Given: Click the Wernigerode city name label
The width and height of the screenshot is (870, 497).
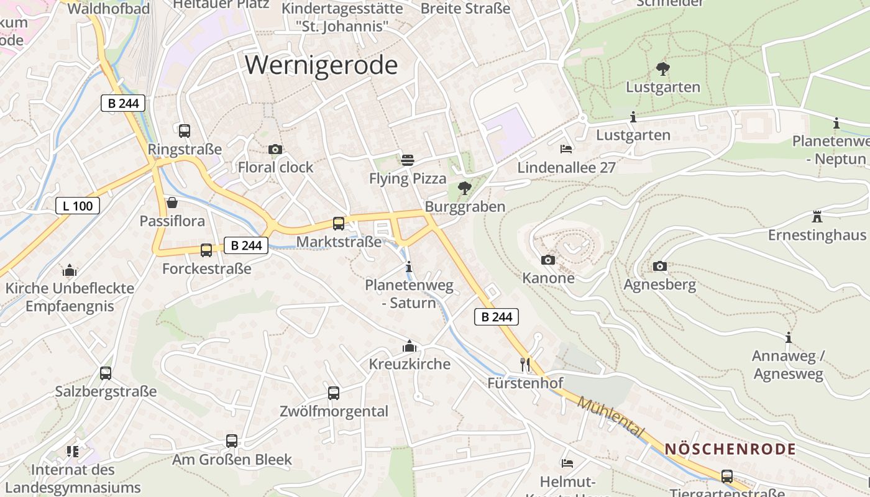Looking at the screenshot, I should tap(321, 65).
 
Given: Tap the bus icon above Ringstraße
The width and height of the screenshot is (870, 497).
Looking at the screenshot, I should tap(185, 131).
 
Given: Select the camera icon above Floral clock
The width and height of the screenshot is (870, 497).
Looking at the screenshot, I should tap(275, 149).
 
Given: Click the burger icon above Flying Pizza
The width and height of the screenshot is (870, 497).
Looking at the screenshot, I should tap(408, 160).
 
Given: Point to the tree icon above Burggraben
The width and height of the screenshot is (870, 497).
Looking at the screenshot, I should tap(464, 188).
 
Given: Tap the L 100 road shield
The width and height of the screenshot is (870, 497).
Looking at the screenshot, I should tap(78, 206).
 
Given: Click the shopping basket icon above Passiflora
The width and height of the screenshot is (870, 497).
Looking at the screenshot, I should tap(172, 203).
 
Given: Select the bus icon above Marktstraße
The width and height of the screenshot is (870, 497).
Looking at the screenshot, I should tap(339, 224).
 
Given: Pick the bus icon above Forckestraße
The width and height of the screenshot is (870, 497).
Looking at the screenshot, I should tap(206, 250).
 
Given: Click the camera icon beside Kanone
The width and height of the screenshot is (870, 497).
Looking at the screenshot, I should tap(548, 260).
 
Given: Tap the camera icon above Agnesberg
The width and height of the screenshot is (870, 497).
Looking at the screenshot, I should tap(660, 267).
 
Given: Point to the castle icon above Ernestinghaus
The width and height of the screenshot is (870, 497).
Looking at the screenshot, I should tap(817, 217).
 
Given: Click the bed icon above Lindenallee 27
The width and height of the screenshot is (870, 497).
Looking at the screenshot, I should tap(566, 148).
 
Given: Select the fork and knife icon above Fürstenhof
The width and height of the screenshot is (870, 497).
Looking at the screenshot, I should tap(526, 363).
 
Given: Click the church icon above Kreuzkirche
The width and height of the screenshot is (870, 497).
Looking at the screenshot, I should tap(410, 345).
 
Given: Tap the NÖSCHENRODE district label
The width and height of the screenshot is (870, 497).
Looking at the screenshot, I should tap(730, 449).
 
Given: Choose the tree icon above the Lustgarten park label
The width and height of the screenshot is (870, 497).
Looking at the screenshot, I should tap(663, 68).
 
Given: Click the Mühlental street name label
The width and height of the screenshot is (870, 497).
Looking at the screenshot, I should tap(611, 417).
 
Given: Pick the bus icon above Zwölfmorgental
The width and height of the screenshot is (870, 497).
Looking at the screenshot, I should tap(334, 393).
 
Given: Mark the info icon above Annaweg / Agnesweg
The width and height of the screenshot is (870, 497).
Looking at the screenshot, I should tap(789, 337).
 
